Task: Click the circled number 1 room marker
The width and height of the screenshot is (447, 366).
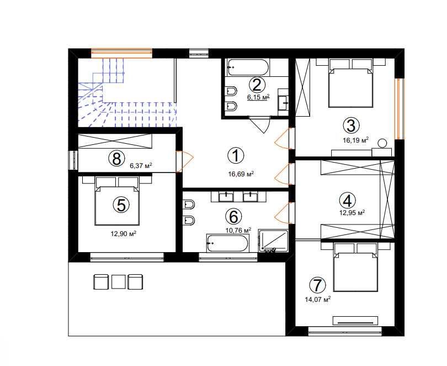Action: (236, 155)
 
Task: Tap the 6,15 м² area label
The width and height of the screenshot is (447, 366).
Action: (258, 97)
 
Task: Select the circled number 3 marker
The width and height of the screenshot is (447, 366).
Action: (351, 126)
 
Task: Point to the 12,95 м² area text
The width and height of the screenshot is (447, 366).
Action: (352, 213)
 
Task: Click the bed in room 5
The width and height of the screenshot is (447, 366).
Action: (117, 201)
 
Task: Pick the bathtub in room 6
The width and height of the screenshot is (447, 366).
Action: (228, 243)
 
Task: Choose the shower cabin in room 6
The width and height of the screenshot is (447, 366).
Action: (273, 240)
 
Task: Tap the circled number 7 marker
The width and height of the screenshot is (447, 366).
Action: (317, 285)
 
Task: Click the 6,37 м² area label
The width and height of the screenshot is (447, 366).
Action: (141, 166)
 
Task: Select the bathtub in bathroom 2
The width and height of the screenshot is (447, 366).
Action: (247, 67)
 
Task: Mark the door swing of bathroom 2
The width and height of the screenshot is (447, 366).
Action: (260, 124)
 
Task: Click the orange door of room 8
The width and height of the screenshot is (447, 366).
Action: (184, 161)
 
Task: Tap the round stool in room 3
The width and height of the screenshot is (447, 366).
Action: (382, 143)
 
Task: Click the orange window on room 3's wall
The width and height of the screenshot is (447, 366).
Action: (400, 109)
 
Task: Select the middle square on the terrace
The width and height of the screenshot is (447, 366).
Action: (118, 282)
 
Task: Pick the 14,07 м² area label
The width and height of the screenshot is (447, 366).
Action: (317, 300)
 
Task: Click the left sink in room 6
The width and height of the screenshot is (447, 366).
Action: (226, 197)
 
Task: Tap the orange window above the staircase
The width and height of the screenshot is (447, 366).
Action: (122, 54)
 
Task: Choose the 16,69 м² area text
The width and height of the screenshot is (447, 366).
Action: (241, 174)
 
